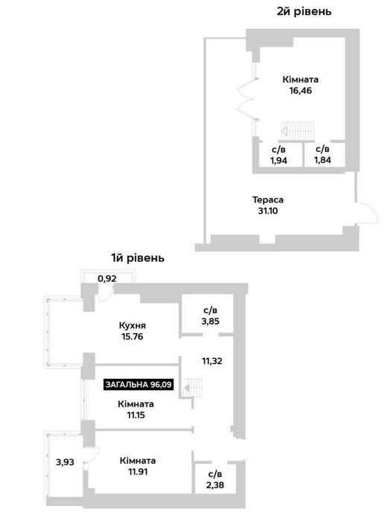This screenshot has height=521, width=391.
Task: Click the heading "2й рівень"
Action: tap(304, 11)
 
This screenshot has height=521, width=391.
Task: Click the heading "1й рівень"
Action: tap(137, 258)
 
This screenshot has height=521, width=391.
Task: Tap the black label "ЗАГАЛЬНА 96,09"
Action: tap(139, 385)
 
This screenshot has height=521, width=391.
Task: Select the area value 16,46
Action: tap(300, 90)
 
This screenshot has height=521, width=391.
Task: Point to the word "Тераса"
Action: tap(267, 200)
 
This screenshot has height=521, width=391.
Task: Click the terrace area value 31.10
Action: tap(267, 211)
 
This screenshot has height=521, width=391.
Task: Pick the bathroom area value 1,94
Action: tap(279, 161)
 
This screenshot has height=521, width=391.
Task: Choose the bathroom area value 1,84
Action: tap(322, 160)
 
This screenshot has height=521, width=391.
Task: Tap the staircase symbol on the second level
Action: tap(298, 131)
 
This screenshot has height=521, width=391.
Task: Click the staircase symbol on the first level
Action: tap(192, 388)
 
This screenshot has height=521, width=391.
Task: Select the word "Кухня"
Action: tap(132, 326)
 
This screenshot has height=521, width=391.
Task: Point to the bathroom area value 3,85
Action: tap(210, 322)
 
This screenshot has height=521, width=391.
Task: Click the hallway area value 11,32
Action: tap(212, 361)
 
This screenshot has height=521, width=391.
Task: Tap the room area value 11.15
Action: tap(136, 415)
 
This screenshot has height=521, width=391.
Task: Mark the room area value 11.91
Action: tap(137, 471)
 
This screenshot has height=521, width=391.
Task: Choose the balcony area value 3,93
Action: tap(65, 462)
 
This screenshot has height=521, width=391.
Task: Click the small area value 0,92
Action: tap(107, 278)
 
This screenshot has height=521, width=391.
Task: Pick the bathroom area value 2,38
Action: tap(214, 485)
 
